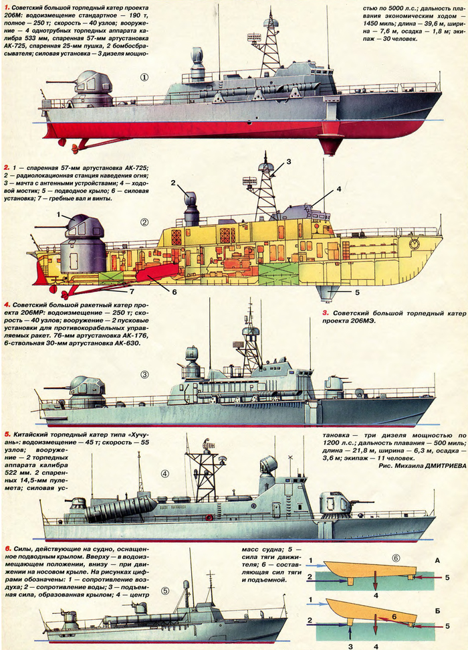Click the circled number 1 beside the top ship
[144, 77]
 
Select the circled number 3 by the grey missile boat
[144, 374]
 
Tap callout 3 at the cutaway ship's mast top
[288, 161]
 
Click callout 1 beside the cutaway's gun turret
[59, 216]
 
